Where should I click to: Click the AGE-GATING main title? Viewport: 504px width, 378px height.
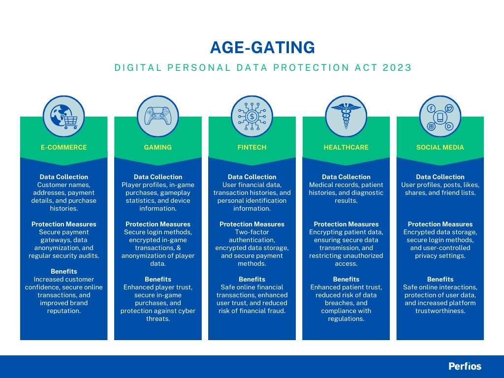[262, 47]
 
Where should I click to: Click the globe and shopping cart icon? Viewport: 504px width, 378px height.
[64, 116]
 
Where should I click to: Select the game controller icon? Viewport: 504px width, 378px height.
[158, 116]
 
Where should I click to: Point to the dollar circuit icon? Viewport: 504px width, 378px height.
[252, 116]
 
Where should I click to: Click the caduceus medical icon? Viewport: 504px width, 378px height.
[346, 116]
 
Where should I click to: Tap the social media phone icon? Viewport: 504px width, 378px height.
[440, 116]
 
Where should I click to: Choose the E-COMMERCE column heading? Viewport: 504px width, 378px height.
[64, 147]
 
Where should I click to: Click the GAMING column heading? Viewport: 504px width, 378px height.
[158, 147]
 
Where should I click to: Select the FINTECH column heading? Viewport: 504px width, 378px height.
[252, 147]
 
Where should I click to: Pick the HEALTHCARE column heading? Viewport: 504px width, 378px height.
[346, 147]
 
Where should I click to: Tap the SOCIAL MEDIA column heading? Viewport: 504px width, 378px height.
[440, 147]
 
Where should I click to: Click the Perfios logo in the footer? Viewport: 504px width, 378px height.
[465, 366]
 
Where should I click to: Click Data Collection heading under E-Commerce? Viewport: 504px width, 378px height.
[64, 177]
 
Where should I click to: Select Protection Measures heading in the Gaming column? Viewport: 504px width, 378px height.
[158, 224]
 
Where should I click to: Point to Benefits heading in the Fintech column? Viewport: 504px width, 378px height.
[252, 279]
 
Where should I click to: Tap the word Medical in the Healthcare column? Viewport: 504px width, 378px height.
[322, 185]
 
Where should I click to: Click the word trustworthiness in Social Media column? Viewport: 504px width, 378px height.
[440, 311]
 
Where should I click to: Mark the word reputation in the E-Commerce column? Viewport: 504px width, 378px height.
[63, 311]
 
